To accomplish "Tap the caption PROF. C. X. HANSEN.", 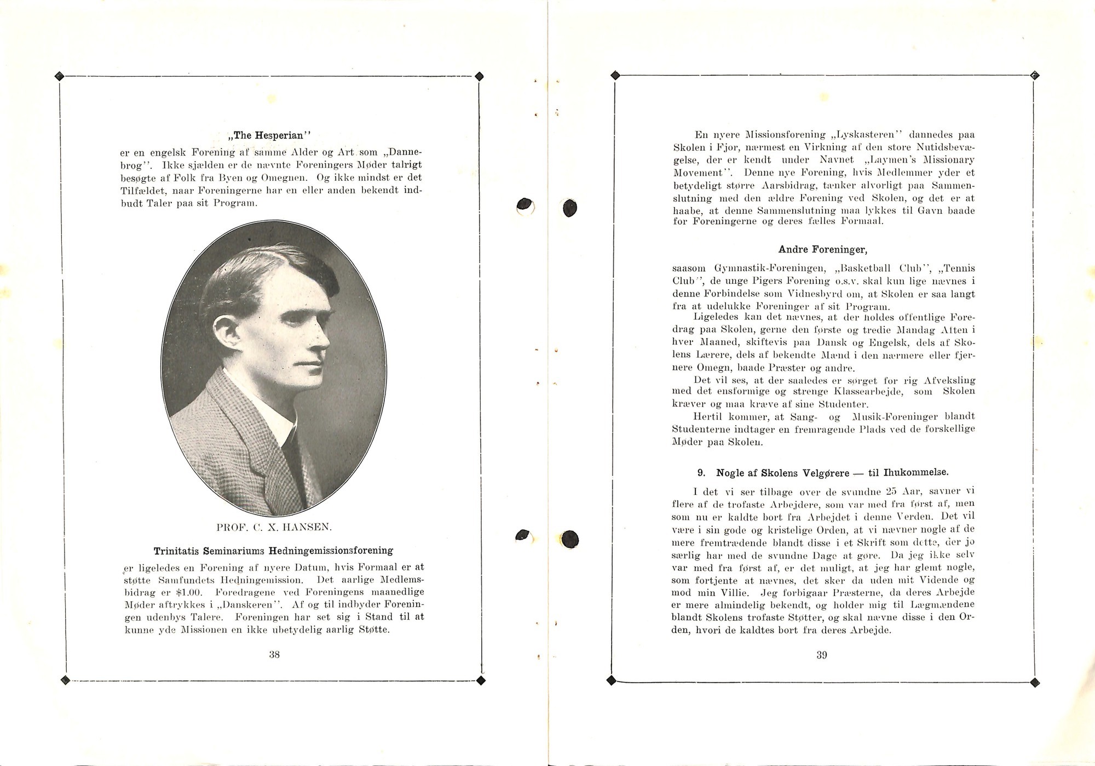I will coord(274,528).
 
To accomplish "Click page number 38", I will coord(274,654).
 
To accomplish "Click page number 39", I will coord(821,655).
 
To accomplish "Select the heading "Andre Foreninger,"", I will coord(822,250).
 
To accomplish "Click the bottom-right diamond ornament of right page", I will coord(1035,682).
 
